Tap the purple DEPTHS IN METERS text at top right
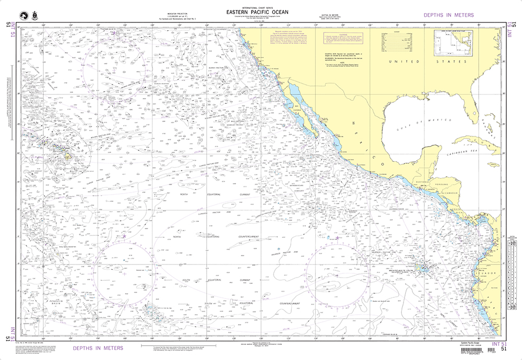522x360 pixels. [x=448, y=15]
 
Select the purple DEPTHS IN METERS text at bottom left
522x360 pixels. [x=98, y=347]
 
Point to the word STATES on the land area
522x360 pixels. [x=452, y=62]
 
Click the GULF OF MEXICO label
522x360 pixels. [x=420, y=124]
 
